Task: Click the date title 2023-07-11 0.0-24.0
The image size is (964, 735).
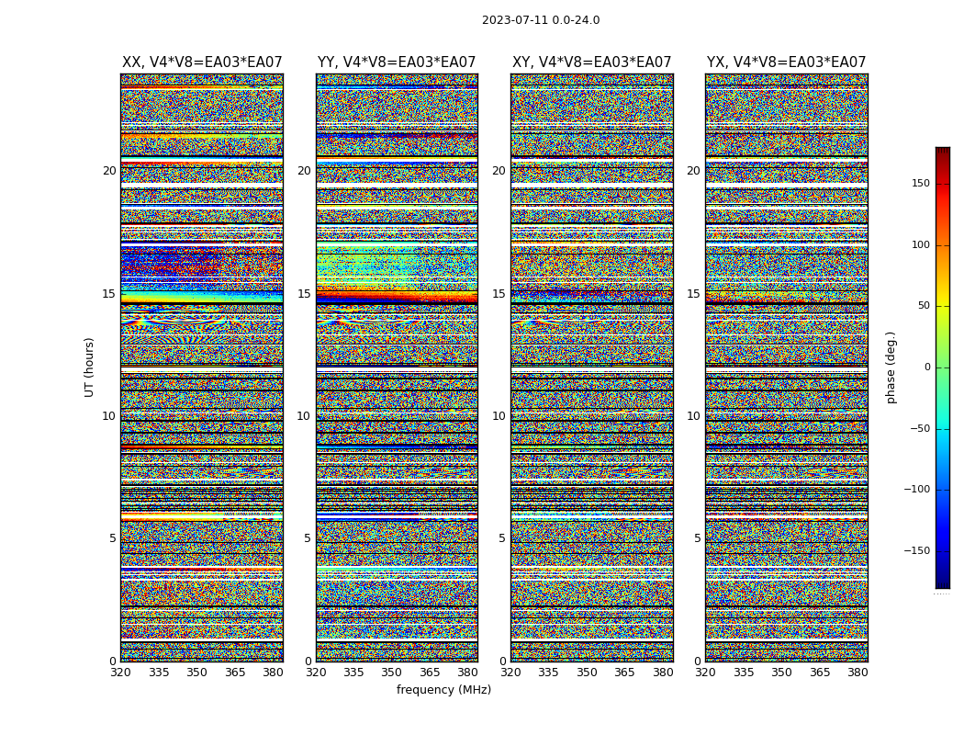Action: (541, 20)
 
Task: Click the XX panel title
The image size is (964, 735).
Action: (202, 62)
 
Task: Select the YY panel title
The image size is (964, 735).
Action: (397, 62)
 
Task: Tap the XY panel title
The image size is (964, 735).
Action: (591, 62)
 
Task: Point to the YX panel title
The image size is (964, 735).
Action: (786, 62)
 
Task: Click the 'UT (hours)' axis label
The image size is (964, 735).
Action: (89, 367)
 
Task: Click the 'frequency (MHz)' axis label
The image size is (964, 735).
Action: (443, 690)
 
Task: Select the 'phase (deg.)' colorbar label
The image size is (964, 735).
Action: (891, 367)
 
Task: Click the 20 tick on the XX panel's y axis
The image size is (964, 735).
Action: (109, 171)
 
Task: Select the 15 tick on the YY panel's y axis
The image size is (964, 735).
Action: (304, 294)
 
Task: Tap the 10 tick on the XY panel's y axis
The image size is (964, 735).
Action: (499, 416)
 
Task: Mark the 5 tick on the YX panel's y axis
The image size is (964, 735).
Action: (697, 538)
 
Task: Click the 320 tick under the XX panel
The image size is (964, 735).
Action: (120, 673)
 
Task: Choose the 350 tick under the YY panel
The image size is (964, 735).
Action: (392, 673)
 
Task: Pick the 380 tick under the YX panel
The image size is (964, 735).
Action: (858, 673)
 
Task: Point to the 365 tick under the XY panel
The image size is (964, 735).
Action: (625, 673)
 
